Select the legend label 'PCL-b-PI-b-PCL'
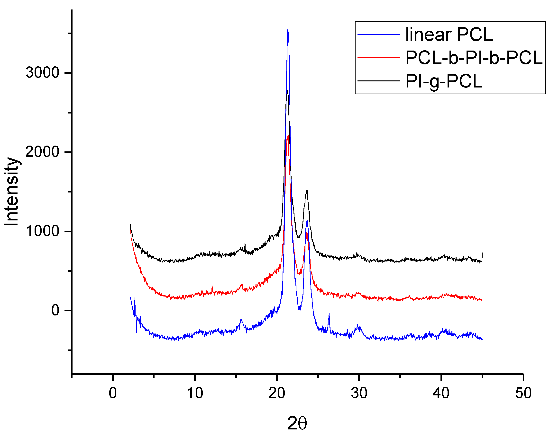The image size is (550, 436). coord(474,58)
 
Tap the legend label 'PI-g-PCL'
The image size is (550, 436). coord(444,81)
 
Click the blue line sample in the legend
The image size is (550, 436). coord(378,34)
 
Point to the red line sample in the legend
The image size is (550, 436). coord(378,58)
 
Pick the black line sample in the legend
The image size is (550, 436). coord(378,81)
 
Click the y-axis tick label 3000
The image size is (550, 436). coord(43,73)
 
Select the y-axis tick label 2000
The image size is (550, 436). coord(43,152)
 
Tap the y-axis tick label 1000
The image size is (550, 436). coord(43,231)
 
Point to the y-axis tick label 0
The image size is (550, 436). coord(55,311)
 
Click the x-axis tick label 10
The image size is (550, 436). coord(195,393)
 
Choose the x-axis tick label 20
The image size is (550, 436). coord(277,393)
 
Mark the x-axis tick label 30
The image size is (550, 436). coord(359,393)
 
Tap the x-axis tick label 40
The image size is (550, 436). coord(441,393)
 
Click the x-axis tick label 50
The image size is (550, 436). coord(523,393)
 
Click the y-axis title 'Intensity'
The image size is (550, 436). coord(12,192)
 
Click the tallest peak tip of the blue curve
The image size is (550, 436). coord(288,30)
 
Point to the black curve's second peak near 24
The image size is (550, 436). coord(307,191)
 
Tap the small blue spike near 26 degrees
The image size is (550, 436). coord(329,314)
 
